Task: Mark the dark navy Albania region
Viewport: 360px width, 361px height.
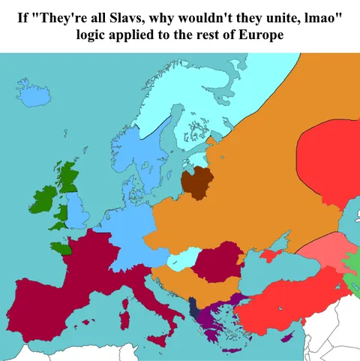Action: (x=194, y=308)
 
